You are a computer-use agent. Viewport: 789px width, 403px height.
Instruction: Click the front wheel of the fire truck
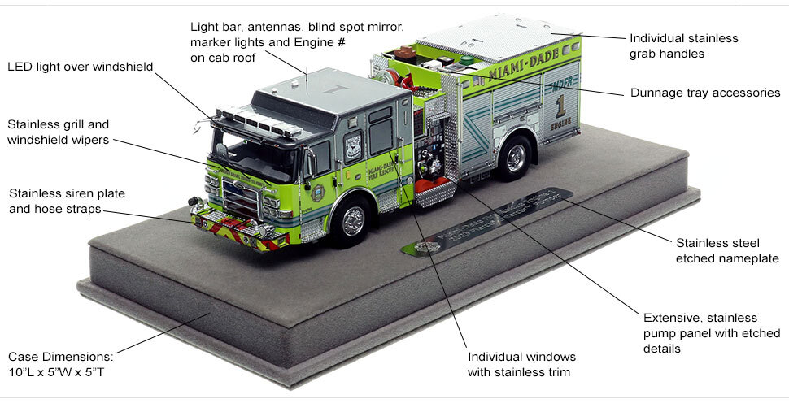tap(352, 220)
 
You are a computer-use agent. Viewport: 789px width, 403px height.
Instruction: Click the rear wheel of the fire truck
tap(515, 158)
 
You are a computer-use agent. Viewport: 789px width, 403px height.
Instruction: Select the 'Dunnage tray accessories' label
tap(705, 93)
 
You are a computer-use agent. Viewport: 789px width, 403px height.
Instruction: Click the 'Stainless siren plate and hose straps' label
tap(68, 201)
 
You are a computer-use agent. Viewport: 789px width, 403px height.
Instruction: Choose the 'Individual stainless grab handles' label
tap(684, 45)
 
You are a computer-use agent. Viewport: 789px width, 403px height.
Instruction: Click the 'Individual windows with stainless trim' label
tap(521, 365)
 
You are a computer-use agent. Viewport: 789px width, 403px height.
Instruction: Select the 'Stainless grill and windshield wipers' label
tap(59, 132)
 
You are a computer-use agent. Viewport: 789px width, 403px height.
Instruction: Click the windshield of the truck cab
tap(252, 158)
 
